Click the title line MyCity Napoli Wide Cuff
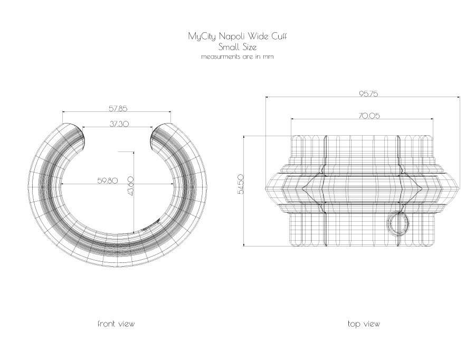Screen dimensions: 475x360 (237, 36)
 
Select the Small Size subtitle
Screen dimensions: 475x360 (237, 47)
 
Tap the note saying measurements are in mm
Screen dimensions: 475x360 (237, 56)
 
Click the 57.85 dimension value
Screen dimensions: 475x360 (118, 108)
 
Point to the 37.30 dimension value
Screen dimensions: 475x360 (119, 124)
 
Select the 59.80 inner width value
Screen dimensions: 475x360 (108, 181)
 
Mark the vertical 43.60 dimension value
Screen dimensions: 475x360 (131, 186)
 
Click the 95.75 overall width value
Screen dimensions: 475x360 (369, 94)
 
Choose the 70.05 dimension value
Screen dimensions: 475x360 (369, 116)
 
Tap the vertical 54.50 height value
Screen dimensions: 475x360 (241, 184)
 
